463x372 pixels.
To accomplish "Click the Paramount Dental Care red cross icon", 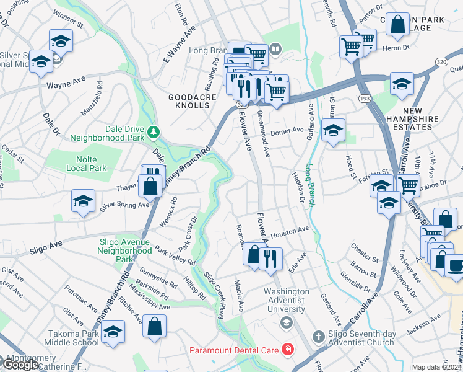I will (x=287, y=351).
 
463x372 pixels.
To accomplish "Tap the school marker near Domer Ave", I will (x=333, y=131).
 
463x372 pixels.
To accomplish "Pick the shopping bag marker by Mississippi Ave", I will (x=154, y=325).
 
